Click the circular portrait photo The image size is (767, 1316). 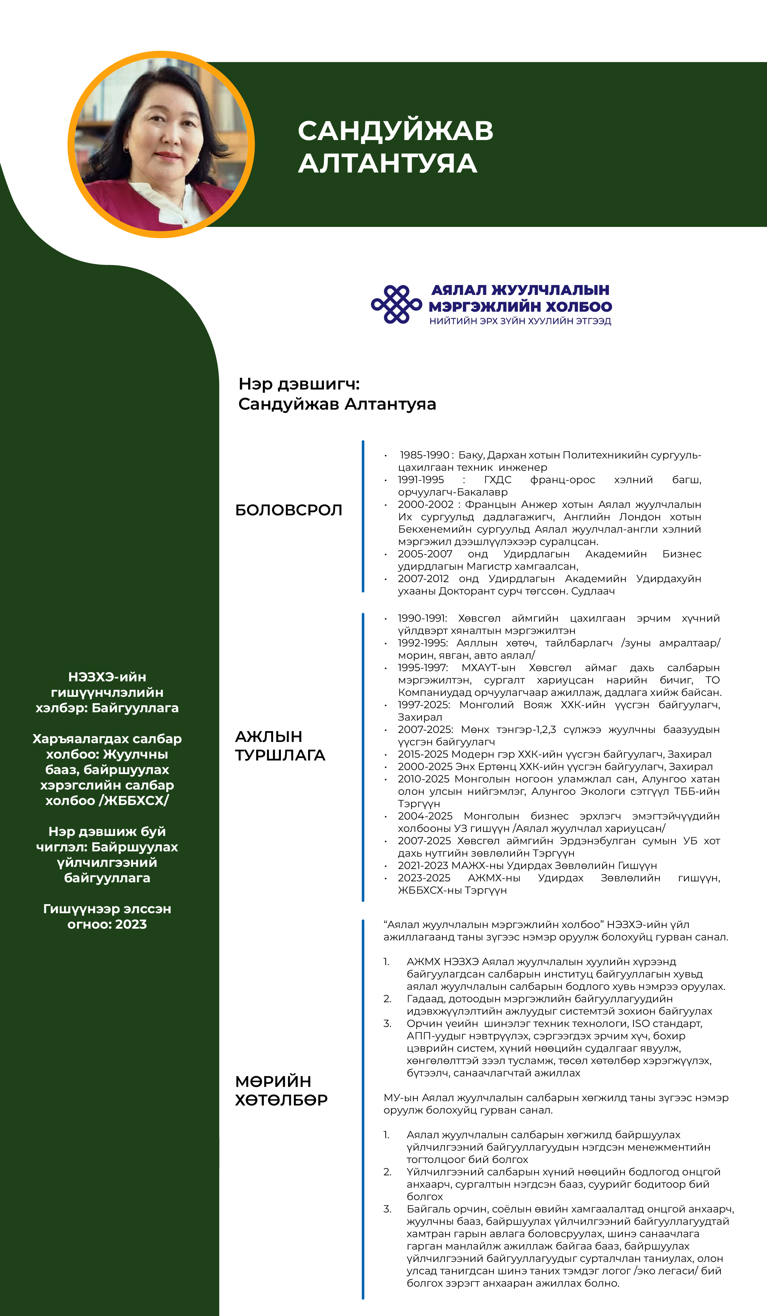[x=161, y=145]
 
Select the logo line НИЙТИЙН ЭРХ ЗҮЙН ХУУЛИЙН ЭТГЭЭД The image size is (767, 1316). [x=520, y=321]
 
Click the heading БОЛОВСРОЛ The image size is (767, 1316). [x=289, y=510]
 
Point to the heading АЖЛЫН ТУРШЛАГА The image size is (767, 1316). [x=280, y=746]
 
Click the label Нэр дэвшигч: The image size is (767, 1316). [x=299, y=384]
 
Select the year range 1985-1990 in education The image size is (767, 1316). [x=425, y=455]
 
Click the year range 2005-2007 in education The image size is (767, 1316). [x=425, y=554]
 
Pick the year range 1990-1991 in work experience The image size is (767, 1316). [x=422, y=618]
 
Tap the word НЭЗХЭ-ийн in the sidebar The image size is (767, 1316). [x=107, y=677]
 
